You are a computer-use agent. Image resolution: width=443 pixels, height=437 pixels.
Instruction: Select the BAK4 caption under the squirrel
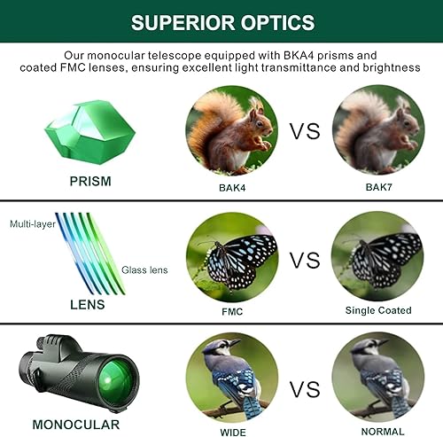point(231,188)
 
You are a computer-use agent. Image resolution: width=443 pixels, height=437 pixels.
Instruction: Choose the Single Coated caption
point(378,310)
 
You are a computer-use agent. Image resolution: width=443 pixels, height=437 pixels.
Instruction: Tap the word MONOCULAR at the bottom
point(76,424)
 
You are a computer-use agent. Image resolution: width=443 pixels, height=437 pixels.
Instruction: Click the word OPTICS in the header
point(270,21)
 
